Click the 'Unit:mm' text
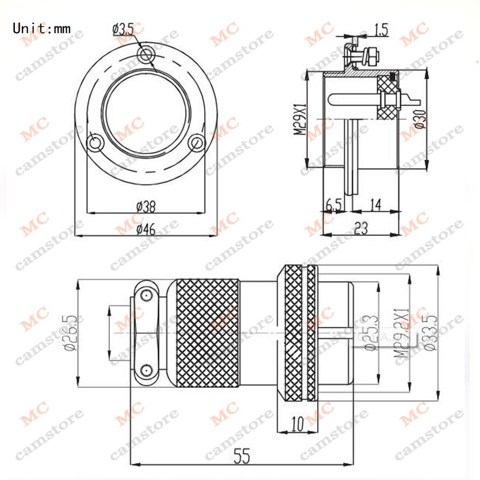click(x=42, y=28)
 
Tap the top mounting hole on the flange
click(x=145, y=54)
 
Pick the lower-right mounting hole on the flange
click(x=195, y=143)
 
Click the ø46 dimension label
click(x=145, y=229)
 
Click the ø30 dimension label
click(x=420, y=118)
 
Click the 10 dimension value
click(x=298, y=423)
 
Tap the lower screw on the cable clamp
click(x=145, y=370)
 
